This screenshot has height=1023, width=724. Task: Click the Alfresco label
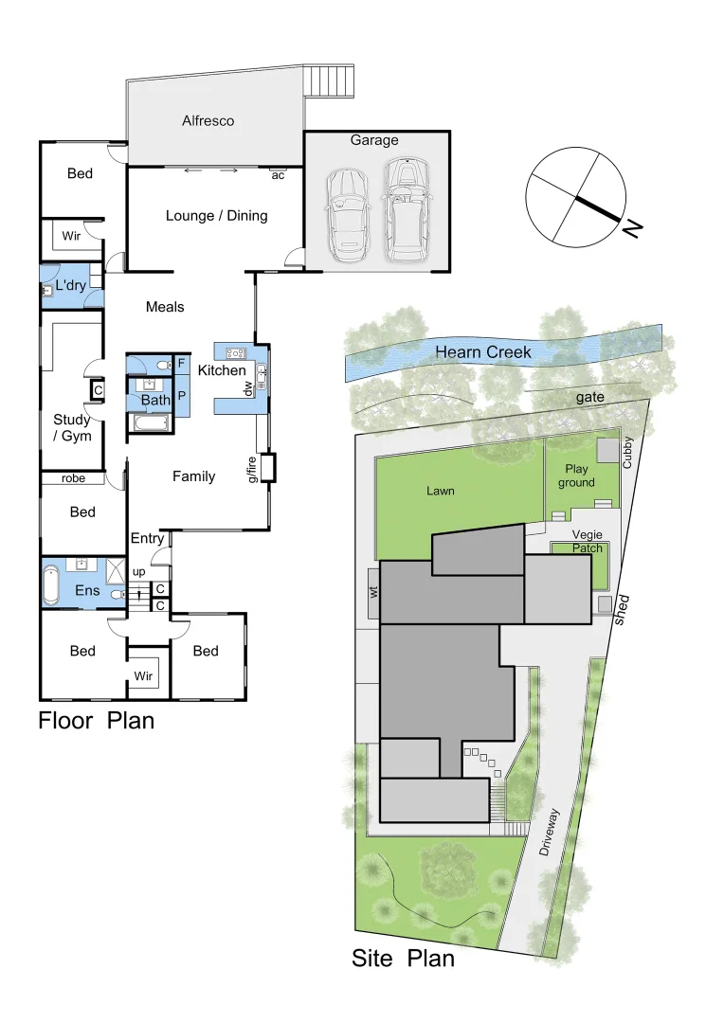pos(208,121)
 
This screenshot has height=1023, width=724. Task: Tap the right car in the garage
pos(407,210)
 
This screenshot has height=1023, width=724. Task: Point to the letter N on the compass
pos(632,227)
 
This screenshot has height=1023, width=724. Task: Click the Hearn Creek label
pos(482,352)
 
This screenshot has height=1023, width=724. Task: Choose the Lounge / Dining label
pos(216,216)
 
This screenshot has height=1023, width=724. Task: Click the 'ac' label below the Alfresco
pos(278,175)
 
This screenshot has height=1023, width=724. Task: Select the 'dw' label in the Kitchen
pos(249,388)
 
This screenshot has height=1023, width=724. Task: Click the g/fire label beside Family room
pos(253,469)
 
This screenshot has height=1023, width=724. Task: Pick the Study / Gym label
pos(72,427)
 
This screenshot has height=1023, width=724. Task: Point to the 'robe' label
pos(74,478)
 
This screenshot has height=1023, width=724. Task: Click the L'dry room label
pos(71,285)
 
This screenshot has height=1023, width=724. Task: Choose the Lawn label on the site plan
pos(440,491)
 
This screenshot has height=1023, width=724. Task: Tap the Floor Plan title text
pos(96,721)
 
